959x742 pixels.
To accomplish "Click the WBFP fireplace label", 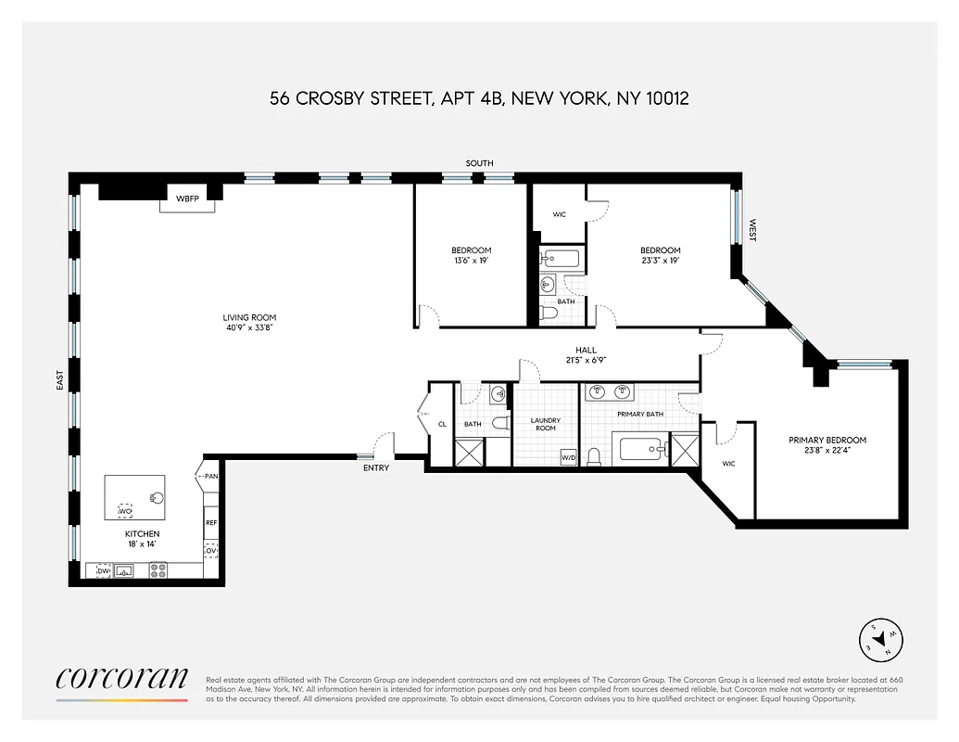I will click(x=189, y=198).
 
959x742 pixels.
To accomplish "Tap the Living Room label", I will click(x=250, y=323).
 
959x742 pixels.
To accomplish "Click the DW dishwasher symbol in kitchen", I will click(x=103, y=571).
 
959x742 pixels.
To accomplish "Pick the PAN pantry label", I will click(x=210, y=477).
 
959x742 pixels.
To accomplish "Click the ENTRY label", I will click(x=376, y=467).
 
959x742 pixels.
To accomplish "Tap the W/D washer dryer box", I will click(x=568, y=457).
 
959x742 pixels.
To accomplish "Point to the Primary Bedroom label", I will click(x=827, y=446).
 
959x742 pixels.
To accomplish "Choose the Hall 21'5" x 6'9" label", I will click(x=591, y=355).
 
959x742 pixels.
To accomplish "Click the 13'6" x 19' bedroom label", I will click(x=471, y=256).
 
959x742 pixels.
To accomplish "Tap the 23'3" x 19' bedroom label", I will click(x=660, y=256).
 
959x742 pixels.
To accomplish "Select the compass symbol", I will click(x=877, y=637).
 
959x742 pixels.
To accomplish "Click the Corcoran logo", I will click(x=121, y=679).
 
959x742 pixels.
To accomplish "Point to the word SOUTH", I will click(x=479, y=163).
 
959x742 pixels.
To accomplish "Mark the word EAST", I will click(x=59, y=379).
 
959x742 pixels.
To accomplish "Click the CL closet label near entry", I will click(x=442, y=425).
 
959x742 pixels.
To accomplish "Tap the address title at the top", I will click(x=479, y=98).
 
